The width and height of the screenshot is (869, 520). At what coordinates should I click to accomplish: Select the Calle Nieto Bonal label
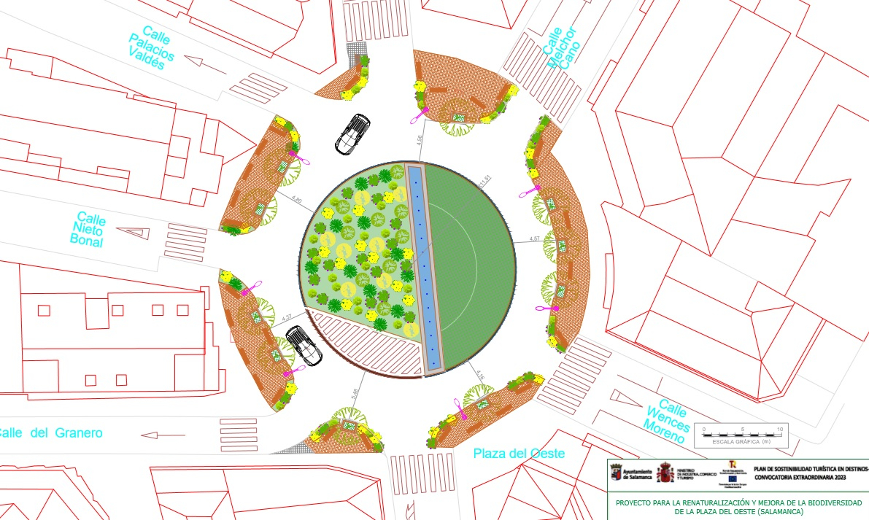[x=89, y=230]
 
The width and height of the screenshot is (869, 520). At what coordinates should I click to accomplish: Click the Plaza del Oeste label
[x=519, y=454]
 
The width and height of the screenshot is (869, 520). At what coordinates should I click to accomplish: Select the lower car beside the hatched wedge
[x=304, y=345]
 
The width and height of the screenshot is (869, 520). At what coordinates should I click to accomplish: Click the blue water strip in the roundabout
[x=426, y=266]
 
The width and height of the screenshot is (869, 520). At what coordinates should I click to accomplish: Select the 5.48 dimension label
[x=355, y=394]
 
